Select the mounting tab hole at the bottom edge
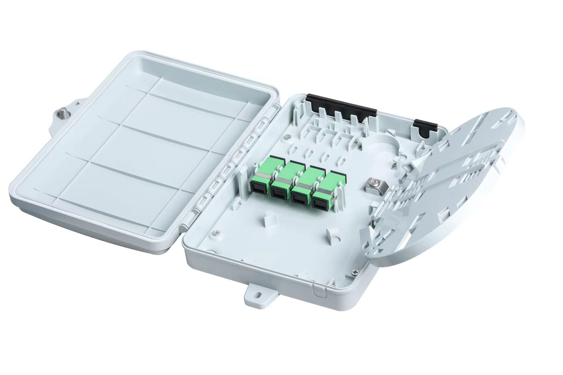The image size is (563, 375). click(258, 301)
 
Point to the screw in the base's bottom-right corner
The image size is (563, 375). click(356, 272)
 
